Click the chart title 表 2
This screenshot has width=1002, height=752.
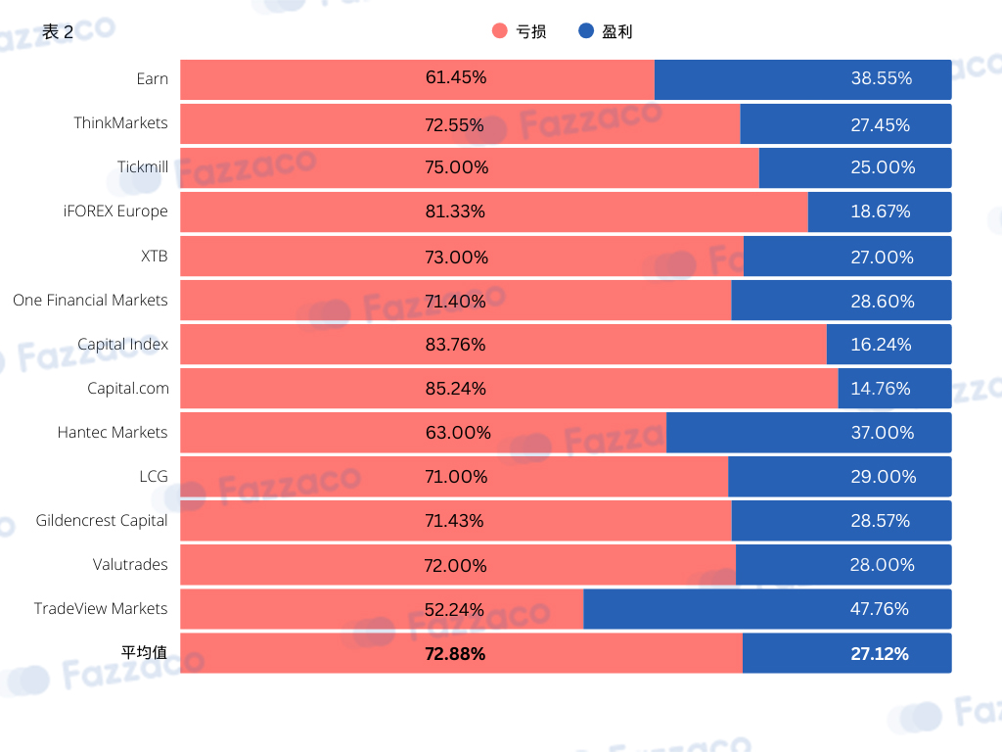click(x=58, y=32)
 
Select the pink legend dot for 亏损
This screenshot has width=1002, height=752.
click(x=500, y=30)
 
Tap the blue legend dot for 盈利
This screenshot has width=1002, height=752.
click(x=586, y=30)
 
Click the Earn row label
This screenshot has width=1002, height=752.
click(x=152, y=78)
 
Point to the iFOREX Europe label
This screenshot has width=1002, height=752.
click(x=115, y=211)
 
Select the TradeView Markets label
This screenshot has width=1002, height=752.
click(x=101, y=608)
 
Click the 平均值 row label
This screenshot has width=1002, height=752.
click(x=145, y=652)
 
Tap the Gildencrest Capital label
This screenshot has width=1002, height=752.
click(x=102, y=521)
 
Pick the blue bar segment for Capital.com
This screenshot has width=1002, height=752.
click(x=894, y=388)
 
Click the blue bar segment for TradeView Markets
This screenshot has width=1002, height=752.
click(x=767, y=609)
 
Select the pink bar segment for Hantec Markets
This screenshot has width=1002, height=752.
click(x=423, y=432)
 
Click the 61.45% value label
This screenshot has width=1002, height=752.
click(x=456, y=77)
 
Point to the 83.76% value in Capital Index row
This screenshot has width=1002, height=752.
click(x=456, y=345)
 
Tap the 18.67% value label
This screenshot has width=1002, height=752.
click(x=881, y=211)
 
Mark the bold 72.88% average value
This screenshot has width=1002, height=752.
click(x=455, y=653)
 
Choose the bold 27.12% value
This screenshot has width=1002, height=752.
click(x=880, y=653)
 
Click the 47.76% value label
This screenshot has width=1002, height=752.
click(x=880, y=609)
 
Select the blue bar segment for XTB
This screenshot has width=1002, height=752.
click(x=847, y=257)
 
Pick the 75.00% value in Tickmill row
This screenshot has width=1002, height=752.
click(x=457, y=167)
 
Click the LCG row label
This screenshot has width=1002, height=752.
click(x=154, y=477)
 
